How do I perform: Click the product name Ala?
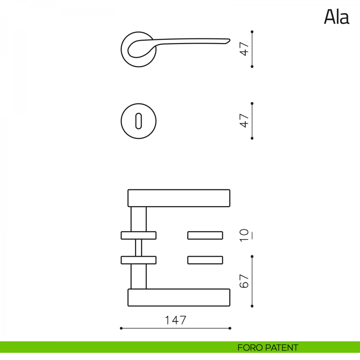pos(337,17)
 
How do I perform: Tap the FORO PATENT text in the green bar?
pos(268,347)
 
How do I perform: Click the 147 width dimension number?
pos(175,320)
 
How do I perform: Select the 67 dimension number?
pos(244,281)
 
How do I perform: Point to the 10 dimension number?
pos(244,235)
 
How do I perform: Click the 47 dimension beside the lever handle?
pos(244,49)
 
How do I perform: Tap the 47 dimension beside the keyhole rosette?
pos(244,121)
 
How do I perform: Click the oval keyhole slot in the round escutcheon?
pos(138,121)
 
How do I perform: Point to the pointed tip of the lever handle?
pos(230,40)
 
